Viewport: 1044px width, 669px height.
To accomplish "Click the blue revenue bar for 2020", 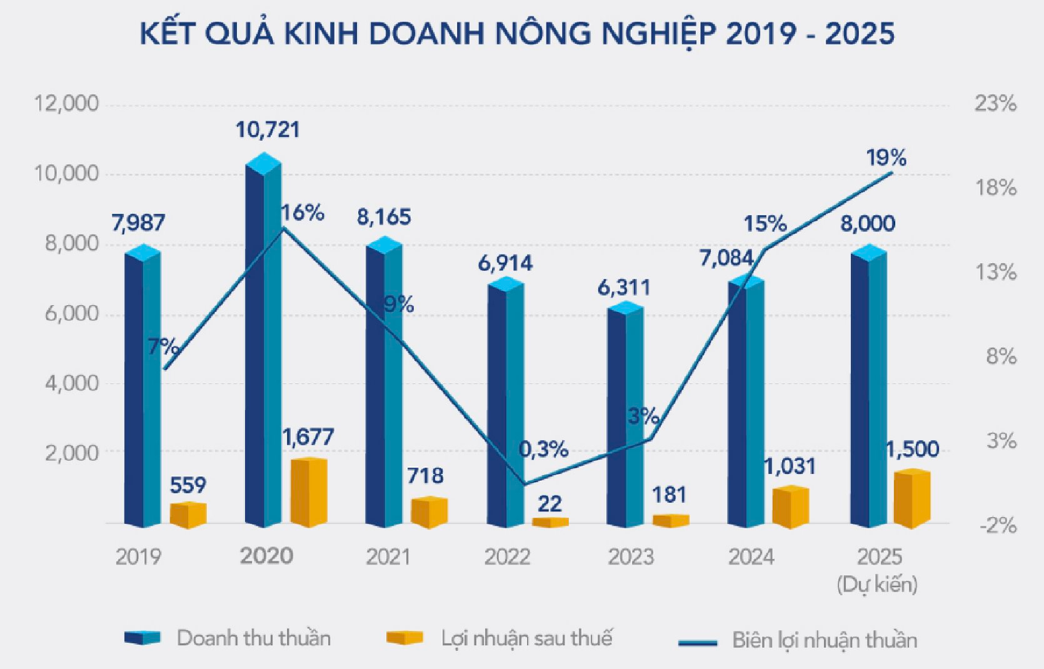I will click(263, 350).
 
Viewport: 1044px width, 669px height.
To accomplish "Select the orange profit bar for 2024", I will click(790, 508).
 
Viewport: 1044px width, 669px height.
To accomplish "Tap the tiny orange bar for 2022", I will click(550, 522).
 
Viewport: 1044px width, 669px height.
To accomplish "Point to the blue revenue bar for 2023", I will click(625, 419).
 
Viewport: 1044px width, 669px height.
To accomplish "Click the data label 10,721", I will click(268, 130).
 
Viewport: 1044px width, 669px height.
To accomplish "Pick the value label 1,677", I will click(308, 437).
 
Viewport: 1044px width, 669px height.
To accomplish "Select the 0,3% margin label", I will click(543, 449).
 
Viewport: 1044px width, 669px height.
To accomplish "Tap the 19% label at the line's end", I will click(886, 158).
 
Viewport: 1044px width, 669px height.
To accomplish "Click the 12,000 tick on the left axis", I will click(66, 104).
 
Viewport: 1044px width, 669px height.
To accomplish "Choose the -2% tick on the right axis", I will click(998, 526).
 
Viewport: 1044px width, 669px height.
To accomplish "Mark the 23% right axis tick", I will click(995, 104).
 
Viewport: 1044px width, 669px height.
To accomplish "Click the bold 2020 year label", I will click(266, 556).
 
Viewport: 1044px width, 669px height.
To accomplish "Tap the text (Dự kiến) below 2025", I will click(877, 585).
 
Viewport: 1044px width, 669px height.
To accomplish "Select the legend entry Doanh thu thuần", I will click(253, 638).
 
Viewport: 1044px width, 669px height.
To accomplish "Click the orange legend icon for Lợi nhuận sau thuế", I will click(404, 638).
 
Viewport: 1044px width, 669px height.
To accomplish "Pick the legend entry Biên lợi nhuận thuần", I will click(824, 640).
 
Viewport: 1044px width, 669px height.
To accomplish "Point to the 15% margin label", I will click(765, 224).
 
